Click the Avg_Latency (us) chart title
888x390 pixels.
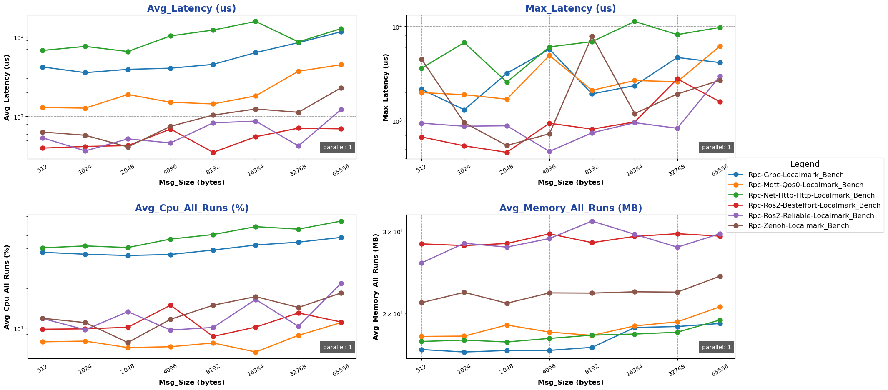pos(191,9)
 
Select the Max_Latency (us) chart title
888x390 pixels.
pos(570,9)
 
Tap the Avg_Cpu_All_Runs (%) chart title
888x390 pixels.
pos(191,208)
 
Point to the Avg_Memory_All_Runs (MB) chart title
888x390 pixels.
pos(570,208)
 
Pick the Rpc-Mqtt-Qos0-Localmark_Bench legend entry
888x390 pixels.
pos(805,185)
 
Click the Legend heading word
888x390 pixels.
pos(805,164)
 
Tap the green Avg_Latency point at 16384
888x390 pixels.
pos(256,21)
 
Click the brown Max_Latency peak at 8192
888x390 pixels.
pos(592,37)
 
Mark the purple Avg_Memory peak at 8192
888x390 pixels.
pos(592,221)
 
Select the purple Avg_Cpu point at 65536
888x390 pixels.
pos(341,283)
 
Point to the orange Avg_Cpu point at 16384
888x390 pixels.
pos(256,352)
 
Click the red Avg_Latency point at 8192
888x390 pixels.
pos(213,152)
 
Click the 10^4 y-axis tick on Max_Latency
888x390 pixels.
pos(396,27)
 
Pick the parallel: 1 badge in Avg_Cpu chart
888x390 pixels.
pos(337,347)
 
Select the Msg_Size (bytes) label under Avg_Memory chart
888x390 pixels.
pos(570,382)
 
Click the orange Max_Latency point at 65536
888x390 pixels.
pos(720,47)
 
